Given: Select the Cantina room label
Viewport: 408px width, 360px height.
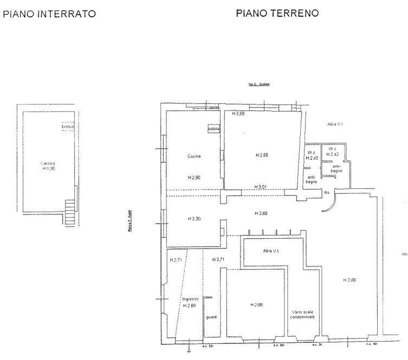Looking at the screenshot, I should pos(48,163).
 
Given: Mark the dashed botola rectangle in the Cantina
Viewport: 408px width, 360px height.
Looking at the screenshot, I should pos(68,126).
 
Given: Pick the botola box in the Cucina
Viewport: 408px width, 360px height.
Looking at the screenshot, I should pos(213,129).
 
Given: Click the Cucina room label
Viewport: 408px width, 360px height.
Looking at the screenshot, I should pos(194,156).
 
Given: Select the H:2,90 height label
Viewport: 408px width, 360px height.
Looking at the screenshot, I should pos(195,178).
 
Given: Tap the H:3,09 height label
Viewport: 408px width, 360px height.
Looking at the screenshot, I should pos(239,114).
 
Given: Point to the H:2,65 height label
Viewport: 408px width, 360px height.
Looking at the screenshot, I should pos(262,155).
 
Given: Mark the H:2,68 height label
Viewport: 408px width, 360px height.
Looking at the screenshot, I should pos(262,214).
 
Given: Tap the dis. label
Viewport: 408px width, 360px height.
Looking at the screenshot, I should pos(327,192).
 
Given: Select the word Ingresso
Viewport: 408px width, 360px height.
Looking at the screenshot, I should pos(190,299).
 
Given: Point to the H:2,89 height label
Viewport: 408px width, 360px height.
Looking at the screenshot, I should pos(190,306).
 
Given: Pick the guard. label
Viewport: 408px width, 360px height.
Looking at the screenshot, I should pos(211,317).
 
